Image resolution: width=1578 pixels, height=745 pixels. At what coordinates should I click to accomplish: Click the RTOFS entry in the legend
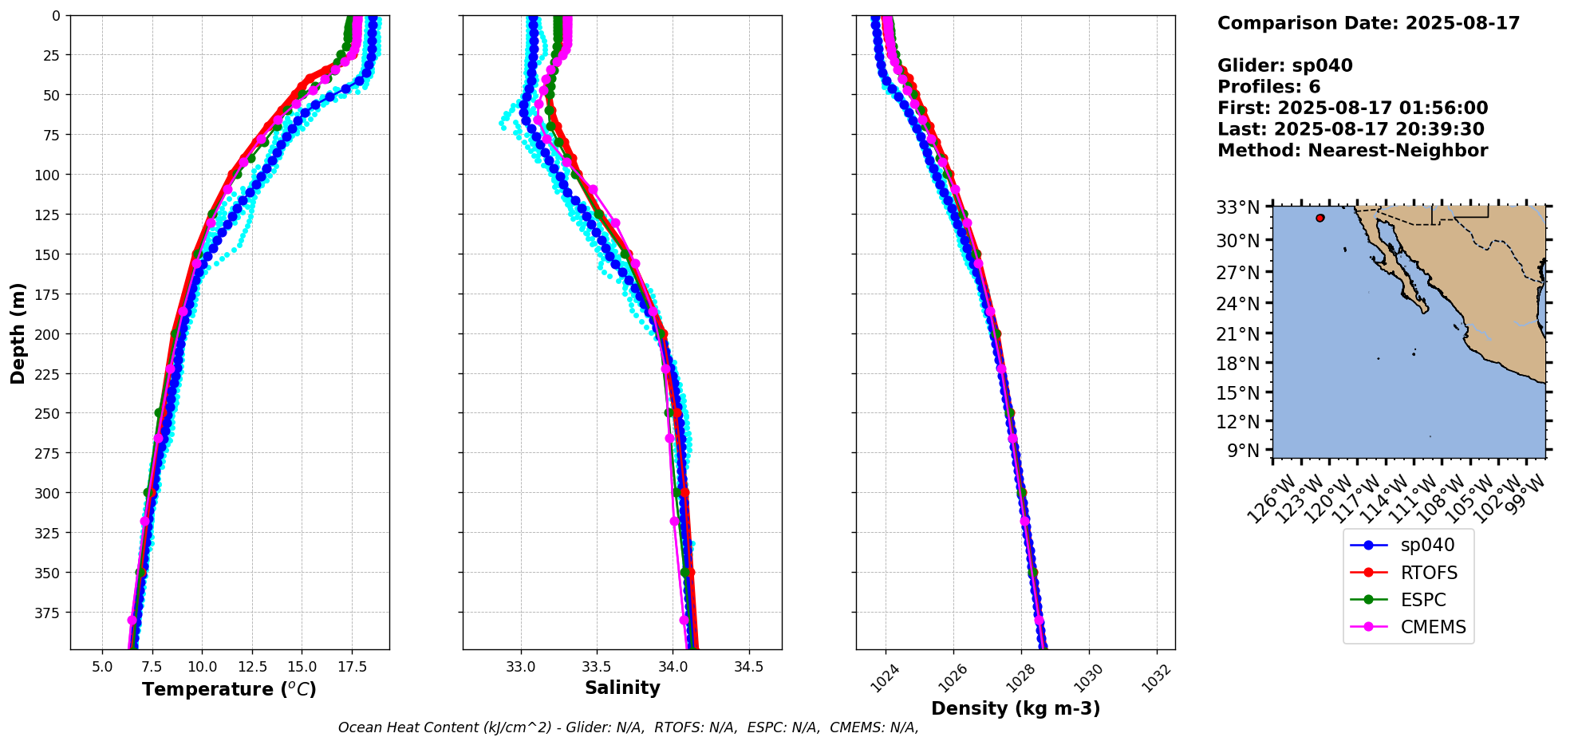1428,573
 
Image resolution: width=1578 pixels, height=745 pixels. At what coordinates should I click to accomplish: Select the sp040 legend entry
1426,546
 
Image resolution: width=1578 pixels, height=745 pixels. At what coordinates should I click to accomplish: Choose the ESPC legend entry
1422,600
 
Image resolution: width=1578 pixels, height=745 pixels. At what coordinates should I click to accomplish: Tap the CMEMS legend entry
1433,627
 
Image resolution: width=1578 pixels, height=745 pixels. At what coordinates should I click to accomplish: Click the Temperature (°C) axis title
229,689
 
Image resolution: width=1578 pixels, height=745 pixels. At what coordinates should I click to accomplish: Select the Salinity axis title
622,688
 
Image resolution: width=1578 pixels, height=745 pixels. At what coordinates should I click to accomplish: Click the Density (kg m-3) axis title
1016,708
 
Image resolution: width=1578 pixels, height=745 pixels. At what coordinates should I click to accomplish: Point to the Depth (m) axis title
18,333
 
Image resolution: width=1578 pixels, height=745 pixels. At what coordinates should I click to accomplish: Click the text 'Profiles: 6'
1268,87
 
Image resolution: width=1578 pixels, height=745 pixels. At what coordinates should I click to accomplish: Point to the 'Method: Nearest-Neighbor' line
1352,151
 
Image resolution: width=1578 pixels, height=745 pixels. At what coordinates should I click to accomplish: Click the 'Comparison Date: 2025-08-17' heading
1368,23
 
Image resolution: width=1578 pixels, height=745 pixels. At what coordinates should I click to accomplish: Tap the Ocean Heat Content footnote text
628,727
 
